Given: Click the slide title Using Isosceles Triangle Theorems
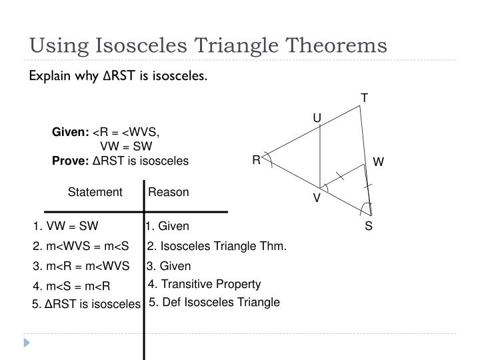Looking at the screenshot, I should click(207, 45).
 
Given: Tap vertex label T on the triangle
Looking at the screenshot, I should click(365, 98).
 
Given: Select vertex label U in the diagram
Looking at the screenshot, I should click(317, 119).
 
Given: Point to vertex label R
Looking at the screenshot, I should click(255, 160).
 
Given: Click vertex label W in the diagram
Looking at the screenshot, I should click(379, 162).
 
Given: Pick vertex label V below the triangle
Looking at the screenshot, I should click(317, 199).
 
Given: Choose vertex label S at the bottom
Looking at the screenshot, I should click(369, 227).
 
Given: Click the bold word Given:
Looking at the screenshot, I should click(71, 132).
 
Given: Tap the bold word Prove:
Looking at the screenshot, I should click(70, 161).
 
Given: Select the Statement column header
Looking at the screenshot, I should click(95, 192).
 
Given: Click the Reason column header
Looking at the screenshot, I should click(169, 192).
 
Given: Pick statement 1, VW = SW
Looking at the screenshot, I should click(65, 227).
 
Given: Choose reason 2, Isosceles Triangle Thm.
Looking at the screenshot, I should click(217, 247).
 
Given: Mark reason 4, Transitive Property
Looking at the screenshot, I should click(204, 285).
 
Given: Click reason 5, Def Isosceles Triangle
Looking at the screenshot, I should click(214, 302).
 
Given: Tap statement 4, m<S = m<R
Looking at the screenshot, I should click(71, 287).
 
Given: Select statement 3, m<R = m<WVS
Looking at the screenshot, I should click(81, 267).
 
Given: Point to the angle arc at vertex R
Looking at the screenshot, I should click(269, 158).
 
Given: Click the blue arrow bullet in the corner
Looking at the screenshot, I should click(27, 343).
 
